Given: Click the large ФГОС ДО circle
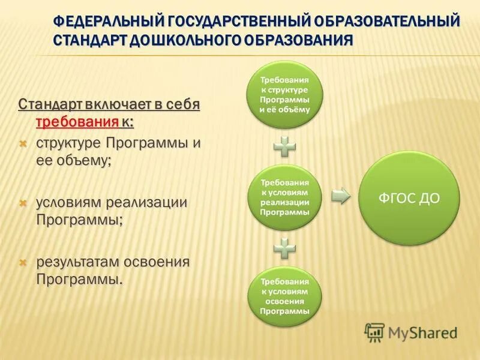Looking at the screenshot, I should pos(409,199).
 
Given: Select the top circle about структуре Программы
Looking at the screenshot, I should pos(285,95).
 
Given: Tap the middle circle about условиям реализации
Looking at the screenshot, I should pos(285,197).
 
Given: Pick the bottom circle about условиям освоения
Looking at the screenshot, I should pos(285,296).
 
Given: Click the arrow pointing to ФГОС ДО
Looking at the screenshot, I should pos(340,196).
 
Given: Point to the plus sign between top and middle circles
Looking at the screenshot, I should pos(285,146).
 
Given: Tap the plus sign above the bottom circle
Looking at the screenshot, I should pos(285,247).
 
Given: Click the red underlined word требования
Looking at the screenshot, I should pos(77,122).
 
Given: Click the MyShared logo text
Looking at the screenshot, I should pos(422,332).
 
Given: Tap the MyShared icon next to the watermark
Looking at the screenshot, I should pos(374,332).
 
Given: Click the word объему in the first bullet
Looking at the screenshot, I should pos(82,161).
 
